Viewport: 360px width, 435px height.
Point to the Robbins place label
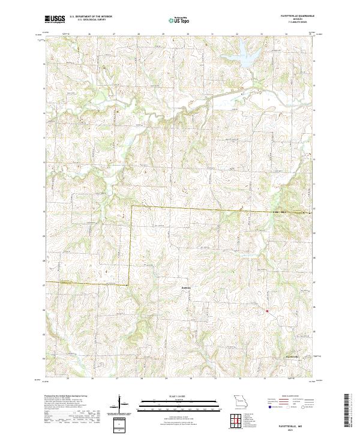coord(186,287)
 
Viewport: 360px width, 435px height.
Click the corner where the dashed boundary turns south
coord(131,206)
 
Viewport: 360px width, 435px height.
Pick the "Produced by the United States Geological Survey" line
coord(63,397)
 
